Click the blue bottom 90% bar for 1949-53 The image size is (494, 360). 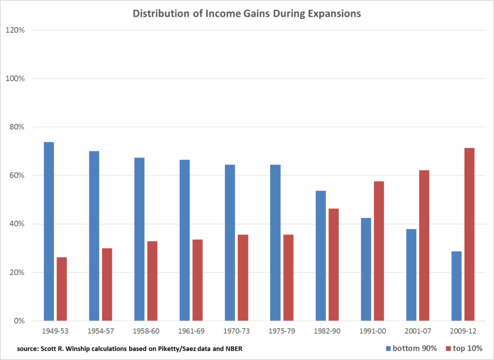(49, 231)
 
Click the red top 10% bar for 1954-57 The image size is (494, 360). (107, 284)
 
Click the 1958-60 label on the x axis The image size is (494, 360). (146, 332)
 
